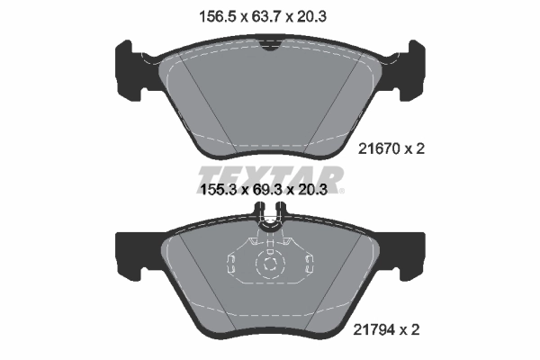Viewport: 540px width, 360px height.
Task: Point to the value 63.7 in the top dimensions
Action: [x=270, y=15]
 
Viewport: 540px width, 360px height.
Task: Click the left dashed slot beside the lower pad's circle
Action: [x=231, y=263]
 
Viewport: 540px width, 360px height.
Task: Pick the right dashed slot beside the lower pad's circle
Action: [x=309, y=263]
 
